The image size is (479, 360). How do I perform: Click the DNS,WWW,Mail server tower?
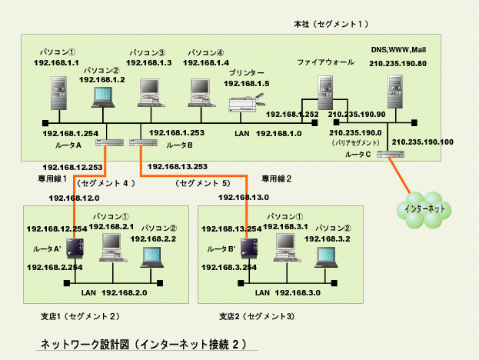point(395,94)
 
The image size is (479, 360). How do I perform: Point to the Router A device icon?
point(106,143)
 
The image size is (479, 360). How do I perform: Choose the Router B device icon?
point(139,143)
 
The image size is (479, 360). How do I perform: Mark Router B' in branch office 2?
point(248,248)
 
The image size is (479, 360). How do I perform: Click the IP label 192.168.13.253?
point(177,166)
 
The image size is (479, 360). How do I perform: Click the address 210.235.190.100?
point(422,142)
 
